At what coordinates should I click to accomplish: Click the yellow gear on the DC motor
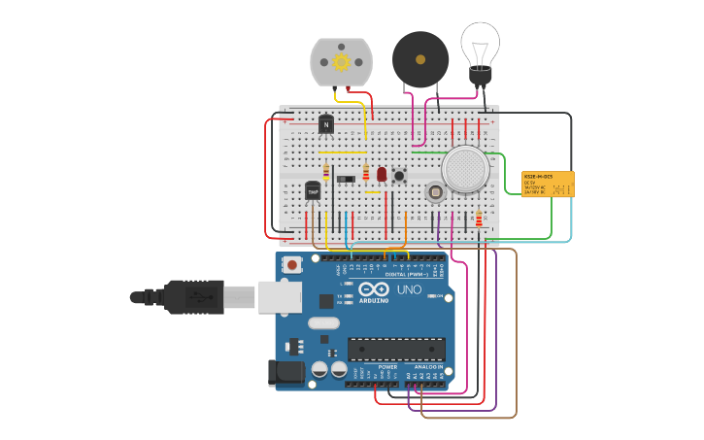[341, 62]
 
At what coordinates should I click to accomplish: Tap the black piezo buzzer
[420, 59]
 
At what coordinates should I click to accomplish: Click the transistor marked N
[325, 124]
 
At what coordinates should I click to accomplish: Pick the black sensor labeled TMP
[313, 191]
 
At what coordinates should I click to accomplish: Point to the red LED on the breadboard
[382, 174]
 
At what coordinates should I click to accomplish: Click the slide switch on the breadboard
[345, 178]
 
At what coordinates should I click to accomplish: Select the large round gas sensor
[465, 169]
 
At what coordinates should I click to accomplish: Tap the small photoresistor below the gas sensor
[435, 192]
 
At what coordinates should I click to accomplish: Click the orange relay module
[548, 184]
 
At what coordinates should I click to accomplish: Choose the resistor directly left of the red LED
[366, 173]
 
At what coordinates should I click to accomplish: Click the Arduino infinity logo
[374, 289]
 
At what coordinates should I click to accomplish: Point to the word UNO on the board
[409, 289]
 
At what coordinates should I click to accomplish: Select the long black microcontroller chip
[396, 348]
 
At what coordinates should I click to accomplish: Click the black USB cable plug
[194, 296]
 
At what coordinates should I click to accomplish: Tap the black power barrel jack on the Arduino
[284, 371]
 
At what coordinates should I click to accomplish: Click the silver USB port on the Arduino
[280, 296]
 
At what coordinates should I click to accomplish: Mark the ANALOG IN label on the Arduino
[429, 367]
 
